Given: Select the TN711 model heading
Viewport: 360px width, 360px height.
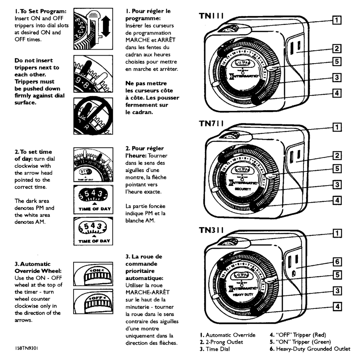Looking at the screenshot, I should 211,124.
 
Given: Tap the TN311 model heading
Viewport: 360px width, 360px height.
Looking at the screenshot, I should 211,230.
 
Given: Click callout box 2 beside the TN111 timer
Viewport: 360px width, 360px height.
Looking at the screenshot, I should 336,48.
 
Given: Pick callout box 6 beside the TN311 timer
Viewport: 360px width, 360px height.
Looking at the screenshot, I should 336,262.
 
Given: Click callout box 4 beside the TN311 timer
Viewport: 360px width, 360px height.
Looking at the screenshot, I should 336,306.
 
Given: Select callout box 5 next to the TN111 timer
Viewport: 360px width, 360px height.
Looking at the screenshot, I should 336,61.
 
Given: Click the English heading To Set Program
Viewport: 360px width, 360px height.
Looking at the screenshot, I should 38,11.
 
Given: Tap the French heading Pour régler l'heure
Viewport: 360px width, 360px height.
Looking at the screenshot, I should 144,152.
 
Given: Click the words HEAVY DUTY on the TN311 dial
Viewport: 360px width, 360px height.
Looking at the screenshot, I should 241,294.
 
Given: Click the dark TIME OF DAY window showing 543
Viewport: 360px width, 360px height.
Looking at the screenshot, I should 93,196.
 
